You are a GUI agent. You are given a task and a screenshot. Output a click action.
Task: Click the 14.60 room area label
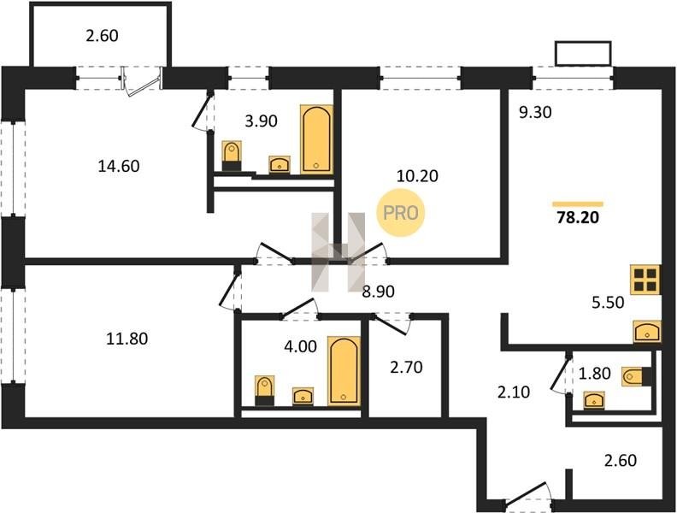119,166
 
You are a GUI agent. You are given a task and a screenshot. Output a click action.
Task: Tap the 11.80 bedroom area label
127,339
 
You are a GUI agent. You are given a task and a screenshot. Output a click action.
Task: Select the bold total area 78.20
578,217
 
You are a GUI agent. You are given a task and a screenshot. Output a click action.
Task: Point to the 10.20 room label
417,176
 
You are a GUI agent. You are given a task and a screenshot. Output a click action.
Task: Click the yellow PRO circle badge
401,213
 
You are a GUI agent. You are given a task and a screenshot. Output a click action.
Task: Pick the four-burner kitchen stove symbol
645,280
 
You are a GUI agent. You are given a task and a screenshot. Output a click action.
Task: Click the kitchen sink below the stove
647,332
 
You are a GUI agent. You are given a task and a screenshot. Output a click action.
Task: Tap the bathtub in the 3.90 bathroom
316,139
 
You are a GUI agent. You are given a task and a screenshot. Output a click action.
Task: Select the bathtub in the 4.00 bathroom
344,371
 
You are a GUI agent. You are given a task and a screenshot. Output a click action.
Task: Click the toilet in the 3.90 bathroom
232,156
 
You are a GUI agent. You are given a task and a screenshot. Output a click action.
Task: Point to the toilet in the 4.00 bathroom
264,391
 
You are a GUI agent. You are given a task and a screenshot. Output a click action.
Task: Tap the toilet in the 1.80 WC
637,376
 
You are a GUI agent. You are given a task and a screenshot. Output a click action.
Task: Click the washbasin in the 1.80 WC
594,400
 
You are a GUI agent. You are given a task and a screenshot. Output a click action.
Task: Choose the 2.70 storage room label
406,368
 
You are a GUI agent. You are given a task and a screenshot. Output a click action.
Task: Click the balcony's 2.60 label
102,35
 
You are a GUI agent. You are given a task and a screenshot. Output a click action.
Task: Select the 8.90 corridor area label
378,292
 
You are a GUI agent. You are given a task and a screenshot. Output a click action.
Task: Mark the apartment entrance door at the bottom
528,497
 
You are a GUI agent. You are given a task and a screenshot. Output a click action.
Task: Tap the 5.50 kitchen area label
608,303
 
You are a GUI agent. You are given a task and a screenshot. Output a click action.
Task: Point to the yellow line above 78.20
578,204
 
